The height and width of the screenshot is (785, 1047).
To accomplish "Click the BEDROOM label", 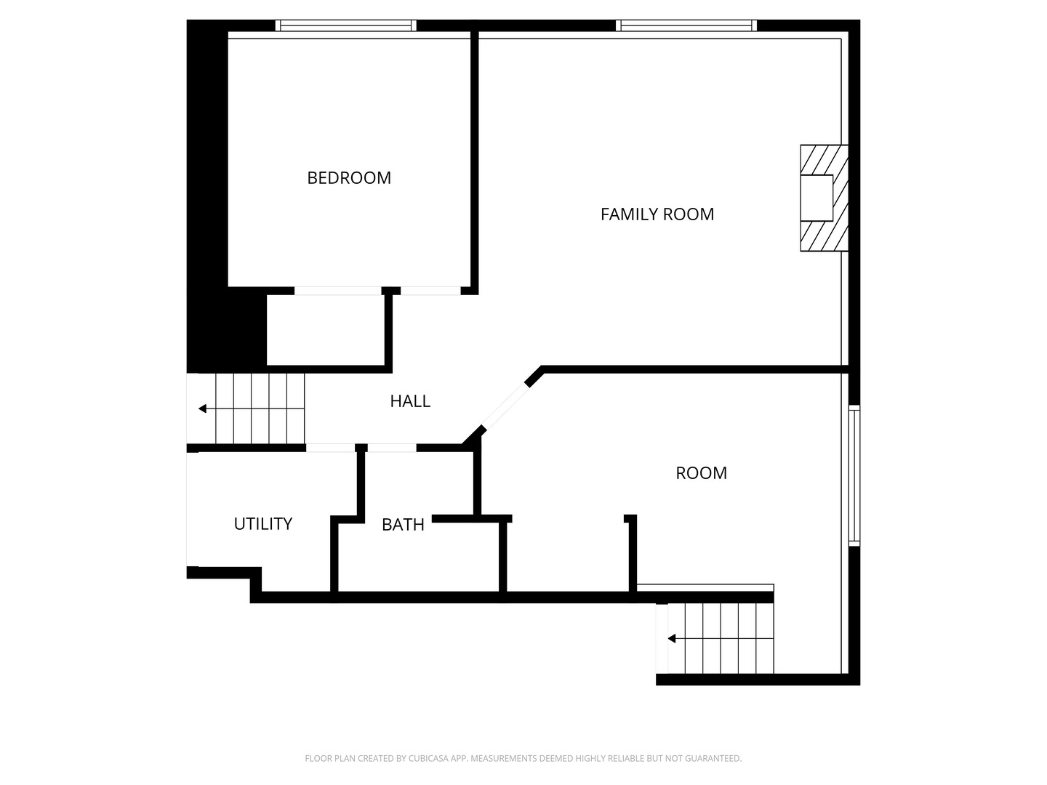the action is (x=349, y=178).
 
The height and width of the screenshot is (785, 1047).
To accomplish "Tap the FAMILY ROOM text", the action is (x=657, y=214).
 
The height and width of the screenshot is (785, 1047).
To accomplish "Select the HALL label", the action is (x=410, y=401).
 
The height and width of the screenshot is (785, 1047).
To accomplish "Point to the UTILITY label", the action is (x=262, y=524).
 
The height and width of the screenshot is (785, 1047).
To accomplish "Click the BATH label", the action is (x=403, y=525).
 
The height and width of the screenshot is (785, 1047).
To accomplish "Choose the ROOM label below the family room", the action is (x=701, y=473).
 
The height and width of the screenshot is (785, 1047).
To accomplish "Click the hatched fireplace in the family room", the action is (x=824, y=198).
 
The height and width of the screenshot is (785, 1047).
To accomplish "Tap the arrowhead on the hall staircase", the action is (x=202, y=408).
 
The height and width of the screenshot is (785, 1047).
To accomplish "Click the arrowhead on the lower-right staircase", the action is (x=672, y=639).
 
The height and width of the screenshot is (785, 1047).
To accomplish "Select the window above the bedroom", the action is (x=346, y=25).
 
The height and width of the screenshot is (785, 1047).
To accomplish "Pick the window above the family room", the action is (x=686, y=25).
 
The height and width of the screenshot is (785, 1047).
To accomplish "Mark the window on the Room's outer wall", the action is (x=854, y=475).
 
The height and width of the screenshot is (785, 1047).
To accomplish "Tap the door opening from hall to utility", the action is (x=330, y=448).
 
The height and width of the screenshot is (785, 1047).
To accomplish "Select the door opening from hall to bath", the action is (x=392, y=448).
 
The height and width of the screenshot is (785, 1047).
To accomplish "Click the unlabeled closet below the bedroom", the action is (x=325, y=330).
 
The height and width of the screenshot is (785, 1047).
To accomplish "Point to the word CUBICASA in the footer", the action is (x=428, y=758).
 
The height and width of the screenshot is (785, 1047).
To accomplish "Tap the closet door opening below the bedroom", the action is (x=337, y=291).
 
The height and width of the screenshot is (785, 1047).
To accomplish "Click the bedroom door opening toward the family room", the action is (x=430, y=291).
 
